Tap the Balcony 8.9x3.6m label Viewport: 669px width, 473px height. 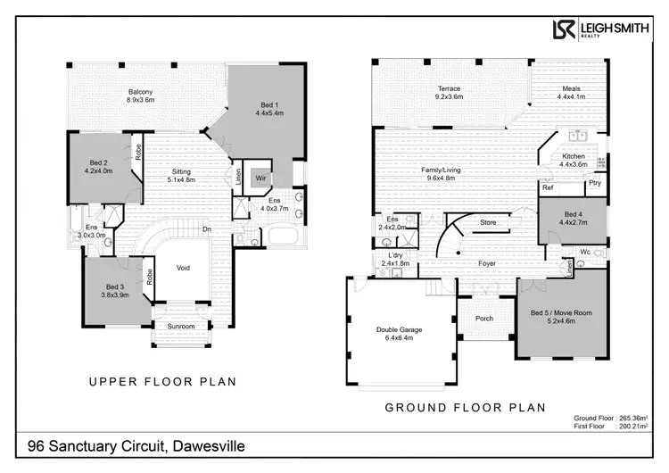click(140, 95)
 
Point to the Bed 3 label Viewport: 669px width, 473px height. click(114, 289)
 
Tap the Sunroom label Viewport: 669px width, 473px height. click(181, 327)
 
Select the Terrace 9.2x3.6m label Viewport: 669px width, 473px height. click(449, 92)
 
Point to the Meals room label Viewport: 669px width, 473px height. click(570, 92)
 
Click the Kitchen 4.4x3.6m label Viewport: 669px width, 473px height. click(574, 160)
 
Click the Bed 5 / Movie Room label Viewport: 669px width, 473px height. click(561, 317)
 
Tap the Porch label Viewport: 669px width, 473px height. click(484, 319)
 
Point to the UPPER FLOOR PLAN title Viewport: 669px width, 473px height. click(162, 381)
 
